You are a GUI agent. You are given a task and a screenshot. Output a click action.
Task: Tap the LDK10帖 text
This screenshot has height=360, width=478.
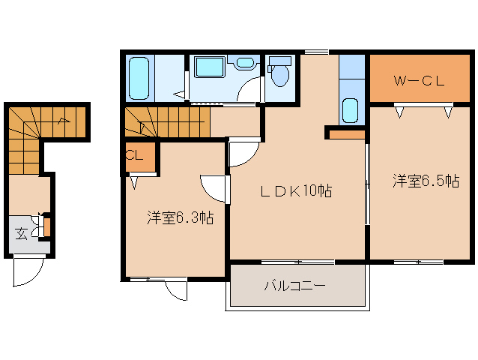[x=296, y=190]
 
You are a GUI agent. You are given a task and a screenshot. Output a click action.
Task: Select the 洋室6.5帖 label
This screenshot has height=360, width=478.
[x=426, y=181]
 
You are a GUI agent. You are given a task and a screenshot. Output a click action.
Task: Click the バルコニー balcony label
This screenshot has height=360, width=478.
[x=294, y=286]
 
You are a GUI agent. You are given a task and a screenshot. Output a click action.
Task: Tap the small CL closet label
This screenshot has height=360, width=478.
[x=134, y=156]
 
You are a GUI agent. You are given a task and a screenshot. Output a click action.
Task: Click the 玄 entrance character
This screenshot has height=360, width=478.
[x=22, y=232]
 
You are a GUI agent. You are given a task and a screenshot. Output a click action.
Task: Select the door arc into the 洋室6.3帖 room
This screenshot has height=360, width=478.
[x=214, y=188]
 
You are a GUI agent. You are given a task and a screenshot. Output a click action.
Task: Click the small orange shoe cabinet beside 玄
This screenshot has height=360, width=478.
[x=46, y=225]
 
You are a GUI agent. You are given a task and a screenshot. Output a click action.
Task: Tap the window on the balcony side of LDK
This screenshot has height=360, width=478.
[x=297, y=262]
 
